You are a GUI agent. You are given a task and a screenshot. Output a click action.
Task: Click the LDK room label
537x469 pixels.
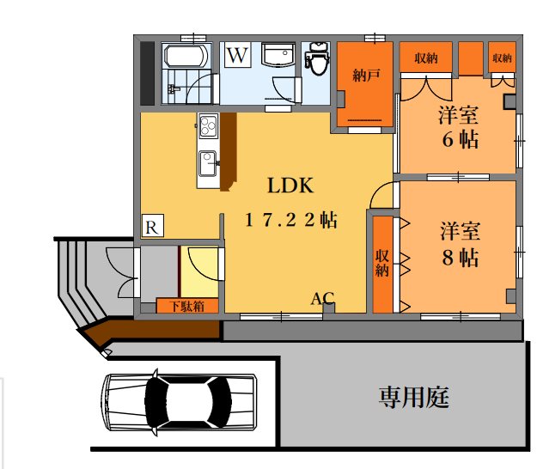click(290, 186)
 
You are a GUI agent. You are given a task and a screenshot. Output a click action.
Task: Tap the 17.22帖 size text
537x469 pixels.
click(290, 220)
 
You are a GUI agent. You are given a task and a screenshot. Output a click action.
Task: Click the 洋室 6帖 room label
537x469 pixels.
click(459, 126)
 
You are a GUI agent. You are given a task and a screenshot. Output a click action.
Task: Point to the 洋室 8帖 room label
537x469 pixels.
click(459, 244)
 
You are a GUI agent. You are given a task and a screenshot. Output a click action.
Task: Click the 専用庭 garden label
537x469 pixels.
click(414, 397)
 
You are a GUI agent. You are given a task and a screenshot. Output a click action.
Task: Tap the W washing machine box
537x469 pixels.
click(238, 57)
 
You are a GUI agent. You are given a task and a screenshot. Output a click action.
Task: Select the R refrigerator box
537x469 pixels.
click(152, 226)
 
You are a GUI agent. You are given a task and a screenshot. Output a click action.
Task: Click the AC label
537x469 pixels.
click(322, 299)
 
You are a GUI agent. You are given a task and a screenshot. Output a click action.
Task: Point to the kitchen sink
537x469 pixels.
click(208, 162)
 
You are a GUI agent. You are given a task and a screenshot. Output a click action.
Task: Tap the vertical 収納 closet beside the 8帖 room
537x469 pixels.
click(382, 264)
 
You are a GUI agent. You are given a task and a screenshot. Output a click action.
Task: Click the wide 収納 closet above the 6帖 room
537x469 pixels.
click(425, 58)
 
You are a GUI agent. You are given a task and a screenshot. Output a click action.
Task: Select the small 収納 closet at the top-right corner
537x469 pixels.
click(502, 58)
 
